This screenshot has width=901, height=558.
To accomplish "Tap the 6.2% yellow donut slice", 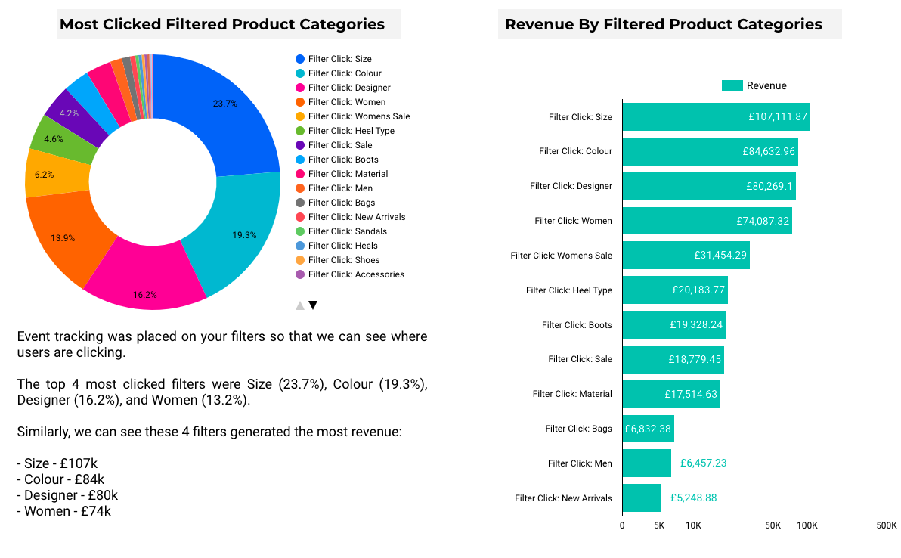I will tap(45, 174).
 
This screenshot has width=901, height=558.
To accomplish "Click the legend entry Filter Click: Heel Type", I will tap(351, 131).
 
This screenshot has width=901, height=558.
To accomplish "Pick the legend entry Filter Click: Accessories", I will tap(355, 274).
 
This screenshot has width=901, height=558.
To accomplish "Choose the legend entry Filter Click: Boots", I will tap(343, 160).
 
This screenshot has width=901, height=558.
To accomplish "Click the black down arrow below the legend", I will tap(313, 305).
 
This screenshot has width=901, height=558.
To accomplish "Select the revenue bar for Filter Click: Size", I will tap(715, 117).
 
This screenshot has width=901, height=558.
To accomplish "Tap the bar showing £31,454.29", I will tap(685, 256).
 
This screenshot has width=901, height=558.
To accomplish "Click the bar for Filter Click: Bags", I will tap(647, 429).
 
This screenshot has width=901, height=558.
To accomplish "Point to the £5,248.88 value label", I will tap(693, 498).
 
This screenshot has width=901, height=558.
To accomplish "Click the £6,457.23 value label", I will tap(703, 463).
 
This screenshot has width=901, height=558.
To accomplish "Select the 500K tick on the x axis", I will tap(886, 525).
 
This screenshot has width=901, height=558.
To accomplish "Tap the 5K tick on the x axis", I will tap(659, 525).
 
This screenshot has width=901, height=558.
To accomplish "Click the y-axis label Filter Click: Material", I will tap(572, 394).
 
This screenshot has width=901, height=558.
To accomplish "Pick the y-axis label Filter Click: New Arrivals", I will tap(563, 498).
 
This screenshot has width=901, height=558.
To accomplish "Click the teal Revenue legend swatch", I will tap(732, 85).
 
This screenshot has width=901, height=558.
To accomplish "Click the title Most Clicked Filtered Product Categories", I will tap(222, 24).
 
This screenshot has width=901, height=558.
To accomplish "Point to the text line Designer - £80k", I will tap(67, 495).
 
